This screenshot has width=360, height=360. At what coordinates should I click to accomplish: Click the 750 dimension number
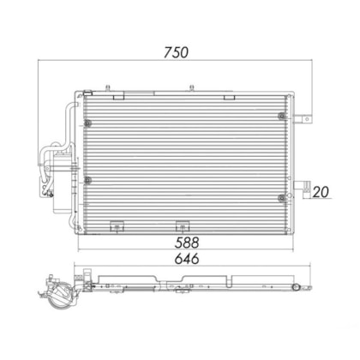point(176,52)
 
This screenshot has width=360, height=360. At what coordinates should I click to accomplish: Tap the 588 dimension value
point(187,243)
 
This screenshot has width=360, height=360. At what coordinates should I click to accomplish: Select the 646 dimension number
point(187,259)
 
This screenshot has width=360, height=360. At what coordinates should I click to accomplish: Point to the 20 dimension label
point(321,192)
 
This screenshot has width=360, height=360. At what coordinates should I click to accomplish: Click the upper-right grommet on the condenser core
point(282,116)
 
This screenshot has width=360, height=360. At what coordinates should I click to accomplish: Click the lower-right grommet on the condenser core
point(282,198)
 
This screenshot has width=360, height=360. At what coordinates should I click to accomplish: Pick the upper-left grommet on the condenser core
point(87,123)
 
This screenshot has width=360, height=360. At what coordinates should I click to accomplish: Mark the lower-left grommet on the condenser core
point(87,180)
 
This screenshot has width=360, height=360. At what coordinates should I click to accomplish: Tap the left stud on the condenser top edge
point(108,87)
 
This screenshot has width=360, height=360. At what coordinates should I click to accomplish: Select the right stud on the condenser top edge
point(192,87)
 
